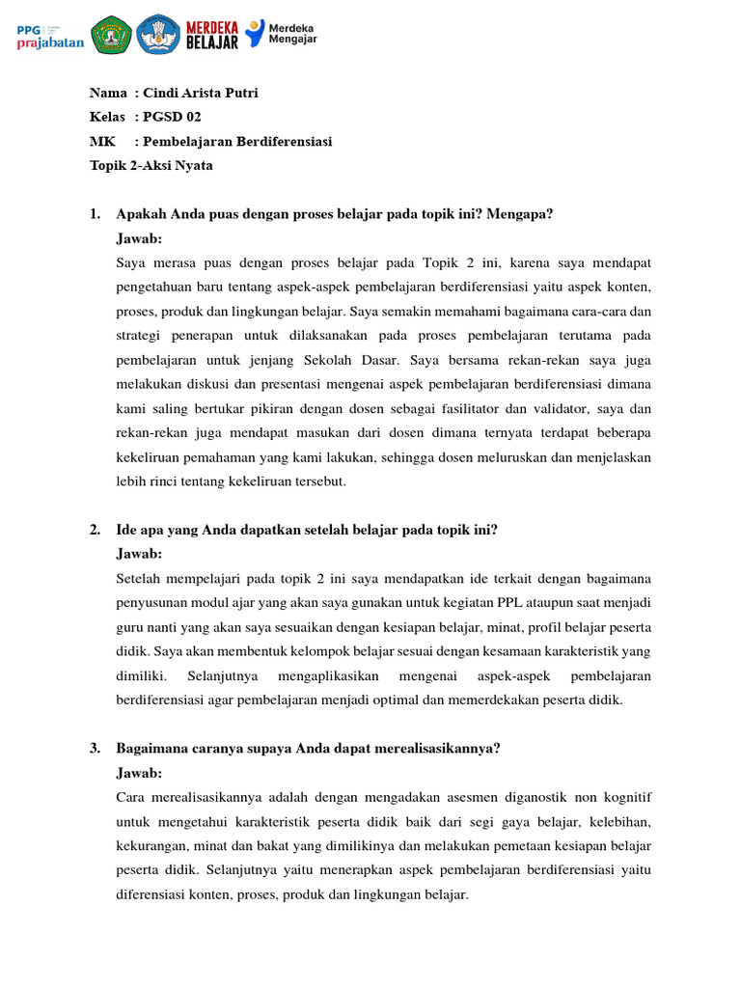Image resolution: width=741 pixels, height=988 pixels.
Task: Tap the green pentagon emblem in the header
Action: click(111, 35)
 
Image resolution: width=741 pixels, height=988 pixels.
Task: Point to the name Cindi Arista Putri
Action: click(200, 93)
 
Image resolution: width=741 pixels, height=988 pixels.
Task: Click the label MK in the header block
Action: click(102, 141)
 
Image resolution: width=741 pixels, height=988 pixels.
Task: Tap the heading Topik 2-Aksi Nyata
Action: click(151, 165)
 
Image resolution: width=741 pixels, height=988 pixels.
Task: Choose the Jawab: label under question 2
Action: click(139, 554)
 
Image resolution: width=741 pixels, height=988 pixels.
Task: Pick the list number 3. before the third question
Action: click(96, 748)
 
